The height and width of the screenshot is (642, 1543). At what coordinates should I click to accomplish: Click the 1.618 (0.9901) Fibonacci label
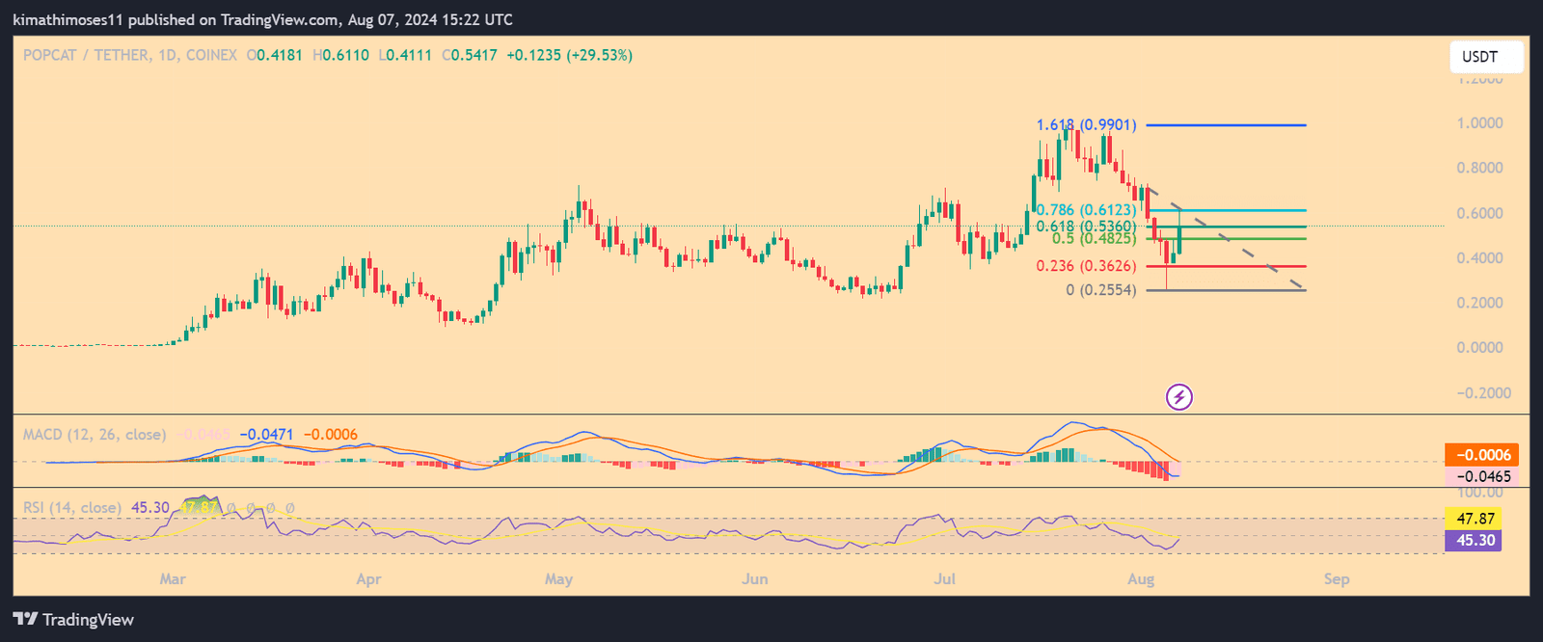point(1086,125)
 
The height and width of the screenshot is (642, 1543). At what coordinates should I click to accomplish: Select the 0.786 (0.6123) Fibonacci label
point(1086,210)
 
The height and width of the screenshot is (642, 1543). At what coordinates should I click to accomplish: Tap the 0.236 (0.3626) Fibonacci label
point(1086,266)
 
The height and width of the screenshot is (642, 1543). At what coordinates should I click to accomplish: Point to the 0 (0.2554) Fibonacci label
point(1100,290)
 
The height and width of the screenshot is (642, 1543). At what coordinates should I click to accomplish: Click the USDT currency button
point(1485,57)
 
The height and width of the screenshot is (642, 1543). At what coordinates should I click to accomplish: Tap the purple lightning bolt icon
point(1179,396)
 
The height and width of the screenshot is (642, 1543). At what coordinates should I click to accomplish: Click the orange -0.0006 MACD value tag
point(1482,455)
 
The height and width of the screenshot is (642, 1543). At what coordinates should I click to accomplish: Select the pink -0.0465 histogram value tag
point(1482,476)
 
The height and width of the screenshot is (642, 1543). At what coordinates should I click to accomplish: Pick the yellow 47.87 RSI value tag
point(1475,519)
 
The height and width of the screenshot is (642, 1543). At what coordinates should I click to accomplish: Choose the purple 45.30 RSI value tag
point(1475,540)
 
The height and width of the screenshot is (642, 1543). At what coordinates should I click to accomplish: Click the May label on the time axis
point(558,579)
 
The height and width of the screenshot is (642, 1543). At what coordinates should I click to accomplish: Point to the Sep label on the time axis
point(1337,579)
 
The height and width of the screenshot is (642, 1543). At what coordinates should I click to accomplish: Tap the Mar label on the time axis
point(173,579)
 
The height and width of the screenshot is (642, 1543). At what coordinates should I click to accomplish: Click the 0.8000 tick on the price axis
point(1479,168)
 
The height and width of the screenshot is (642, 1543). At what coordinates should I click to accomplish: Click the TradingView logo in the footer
point(73,620)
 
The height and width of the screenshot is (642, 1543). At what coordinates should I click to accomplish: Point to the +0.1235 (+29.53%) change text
point(569,56)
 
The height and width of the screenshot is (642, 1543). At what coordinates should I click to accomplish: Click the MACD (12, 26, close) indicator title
point(95,435)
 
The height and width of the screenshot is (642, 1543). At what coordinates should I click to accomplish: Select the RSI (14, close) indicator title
point(72,508)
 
